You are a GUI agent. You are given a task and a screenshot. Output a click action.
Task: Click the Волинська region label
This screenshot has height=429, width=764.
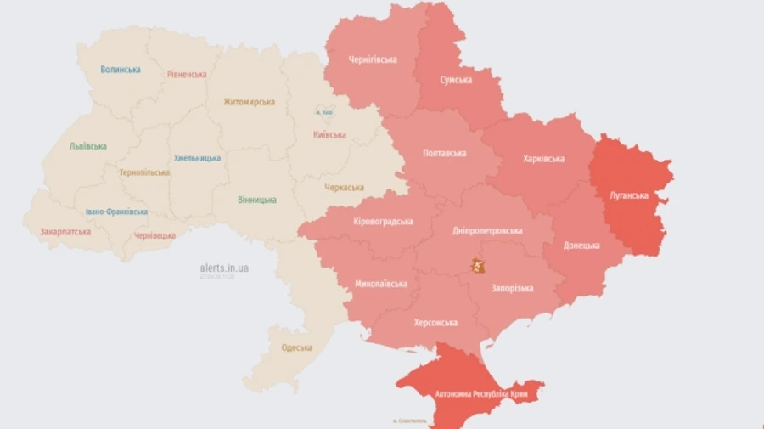point(121,70)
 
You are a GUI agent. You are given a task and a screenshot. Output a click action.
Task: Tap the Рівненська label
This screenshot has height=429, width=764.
point(187,75)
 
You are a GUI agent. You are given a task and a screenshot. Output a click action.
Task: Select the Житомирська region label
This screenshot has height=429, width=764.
point(249,102)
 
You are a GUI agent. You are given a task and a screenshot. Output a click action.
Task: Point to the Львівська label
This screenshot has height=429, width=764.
point(87,146)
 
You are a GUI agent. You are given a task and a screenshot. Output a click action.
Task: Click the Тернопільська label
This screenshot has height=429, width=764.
point(144,172)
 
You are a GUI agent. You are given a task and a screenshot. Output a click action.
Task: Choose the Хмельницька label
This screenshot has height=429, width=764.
point(197,158)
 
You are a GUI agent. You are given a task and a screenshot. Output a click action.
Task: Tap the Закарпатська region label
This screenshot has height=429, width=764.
point(65,231)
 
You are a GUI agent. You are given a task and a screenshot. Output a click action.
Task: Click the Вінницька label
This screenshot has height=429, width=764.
point(256,200)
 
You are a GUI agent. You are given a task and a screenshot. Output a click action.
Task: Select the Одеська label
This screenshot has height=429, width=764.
point(296,347)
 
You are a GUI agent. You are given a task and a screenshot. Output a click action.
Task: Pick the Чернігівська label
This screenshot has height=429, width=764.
point(373,59)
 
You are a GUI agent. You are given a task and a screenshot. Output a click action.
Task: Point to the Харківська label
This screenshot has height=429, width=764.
point(544,158)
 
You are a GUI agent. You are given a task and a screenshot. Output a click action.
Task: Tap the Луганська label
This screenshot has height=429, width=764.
point(628,195)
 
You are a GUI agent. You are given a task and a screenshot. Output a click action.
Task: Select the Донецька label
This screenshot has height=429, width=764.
point(581,246)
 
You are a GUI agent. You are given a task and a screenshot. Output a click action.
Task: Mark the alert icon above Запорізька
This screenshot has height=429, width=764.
point(479,267)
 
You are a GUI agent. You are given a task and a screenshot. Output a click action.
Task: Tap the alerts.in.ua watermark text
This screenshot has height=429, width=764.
point(225,268)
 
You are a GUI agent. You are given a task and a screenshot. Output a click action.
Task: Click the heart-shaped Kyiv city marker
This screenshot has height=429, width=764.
point(323,112)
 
